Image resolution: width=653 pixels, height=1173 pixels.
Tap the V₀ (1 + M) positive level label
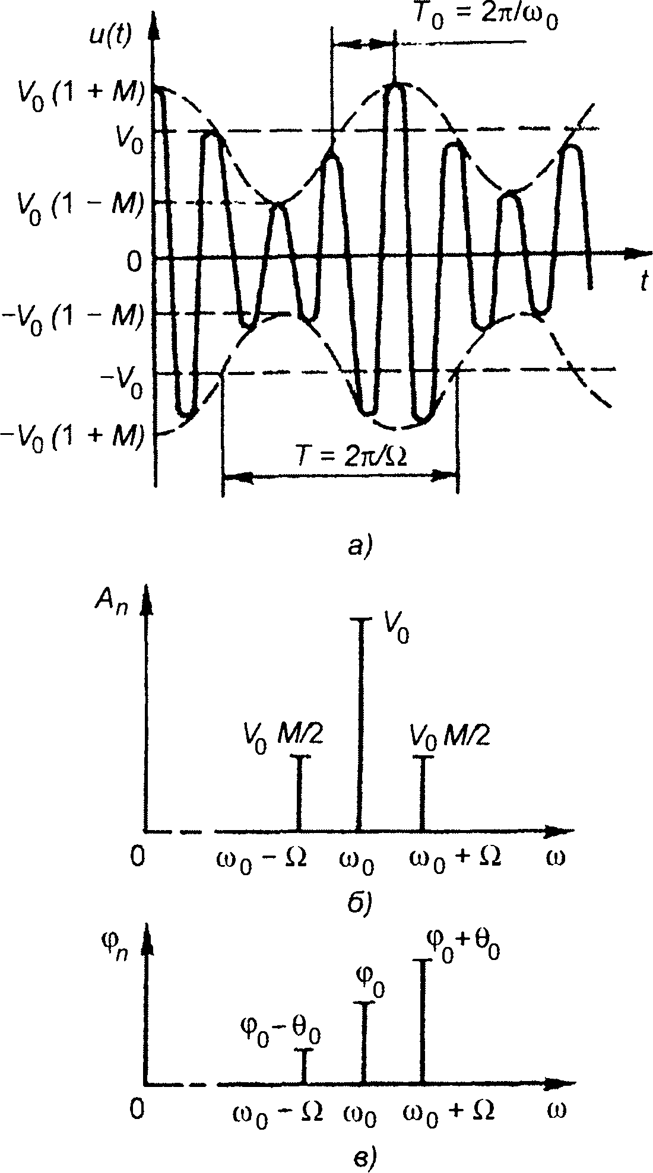pyautogui.click(x=74, y=94)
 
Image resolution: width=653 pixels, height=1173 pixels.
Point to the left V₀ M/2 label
pyautogui.click(x=283, y=738)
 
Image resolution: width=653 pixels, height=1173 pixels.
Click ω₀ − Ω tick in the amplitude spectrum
pyautogui.click(x=264, y=859)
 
